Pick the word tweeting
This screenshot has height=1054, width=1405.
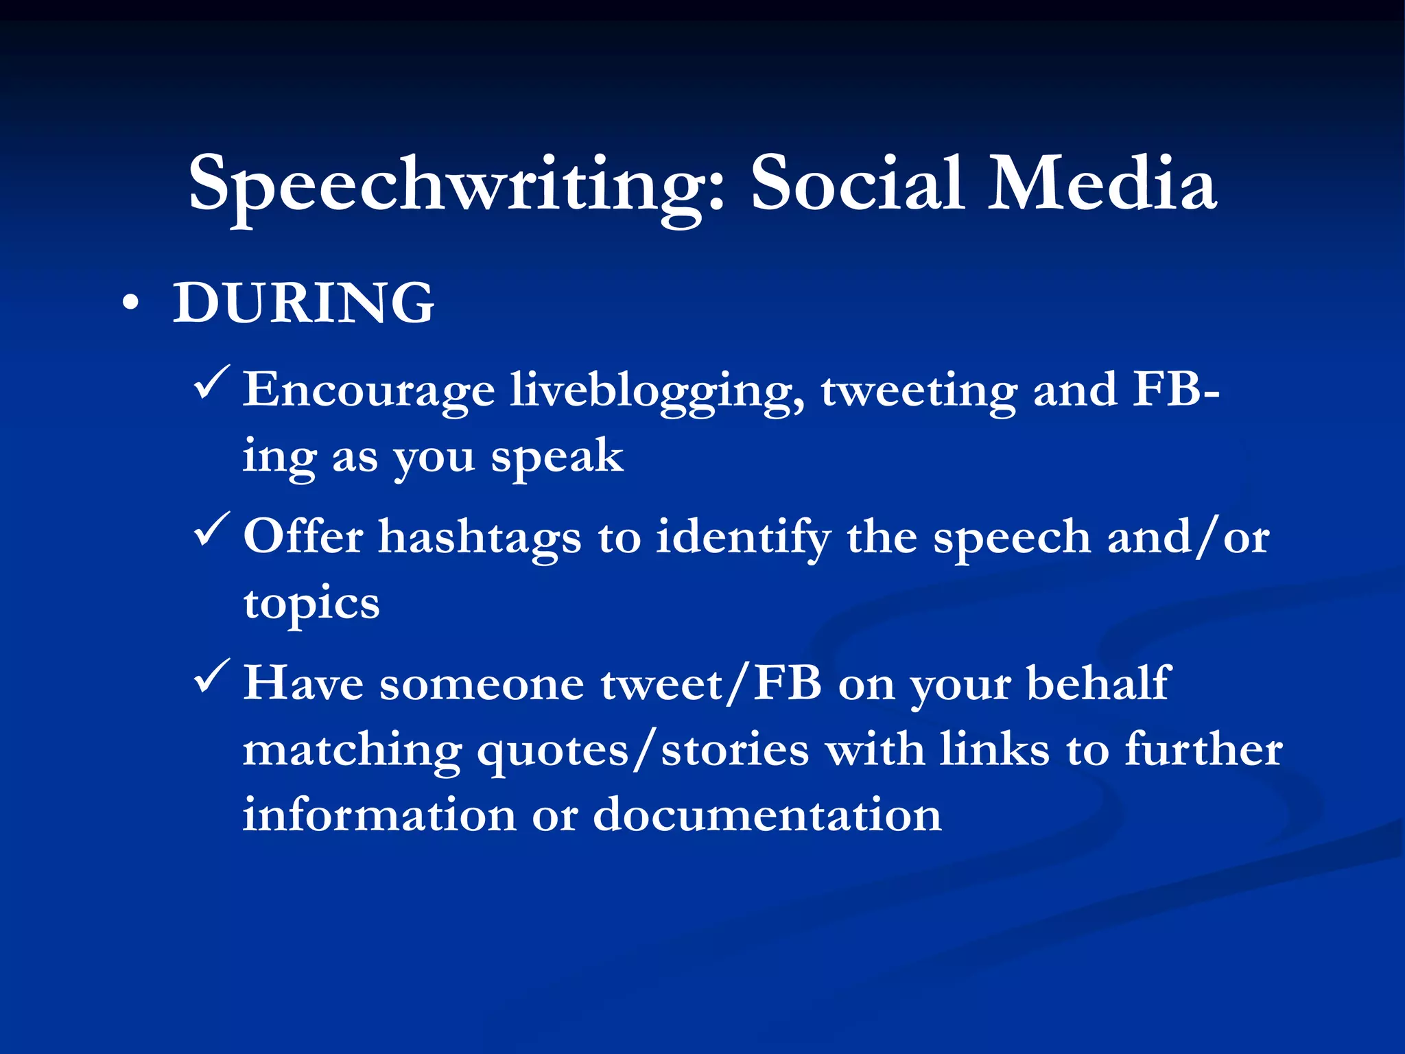(x=919, y=390)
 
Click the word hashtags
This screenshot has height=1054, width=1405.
(x=480, y=537)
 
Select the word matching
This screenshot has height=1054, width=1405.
(x=352, y=751)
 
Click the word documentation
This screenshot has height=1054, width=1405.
(x=767, y=815)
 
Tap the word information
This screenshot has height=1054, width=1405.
(x=379, y=815)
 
